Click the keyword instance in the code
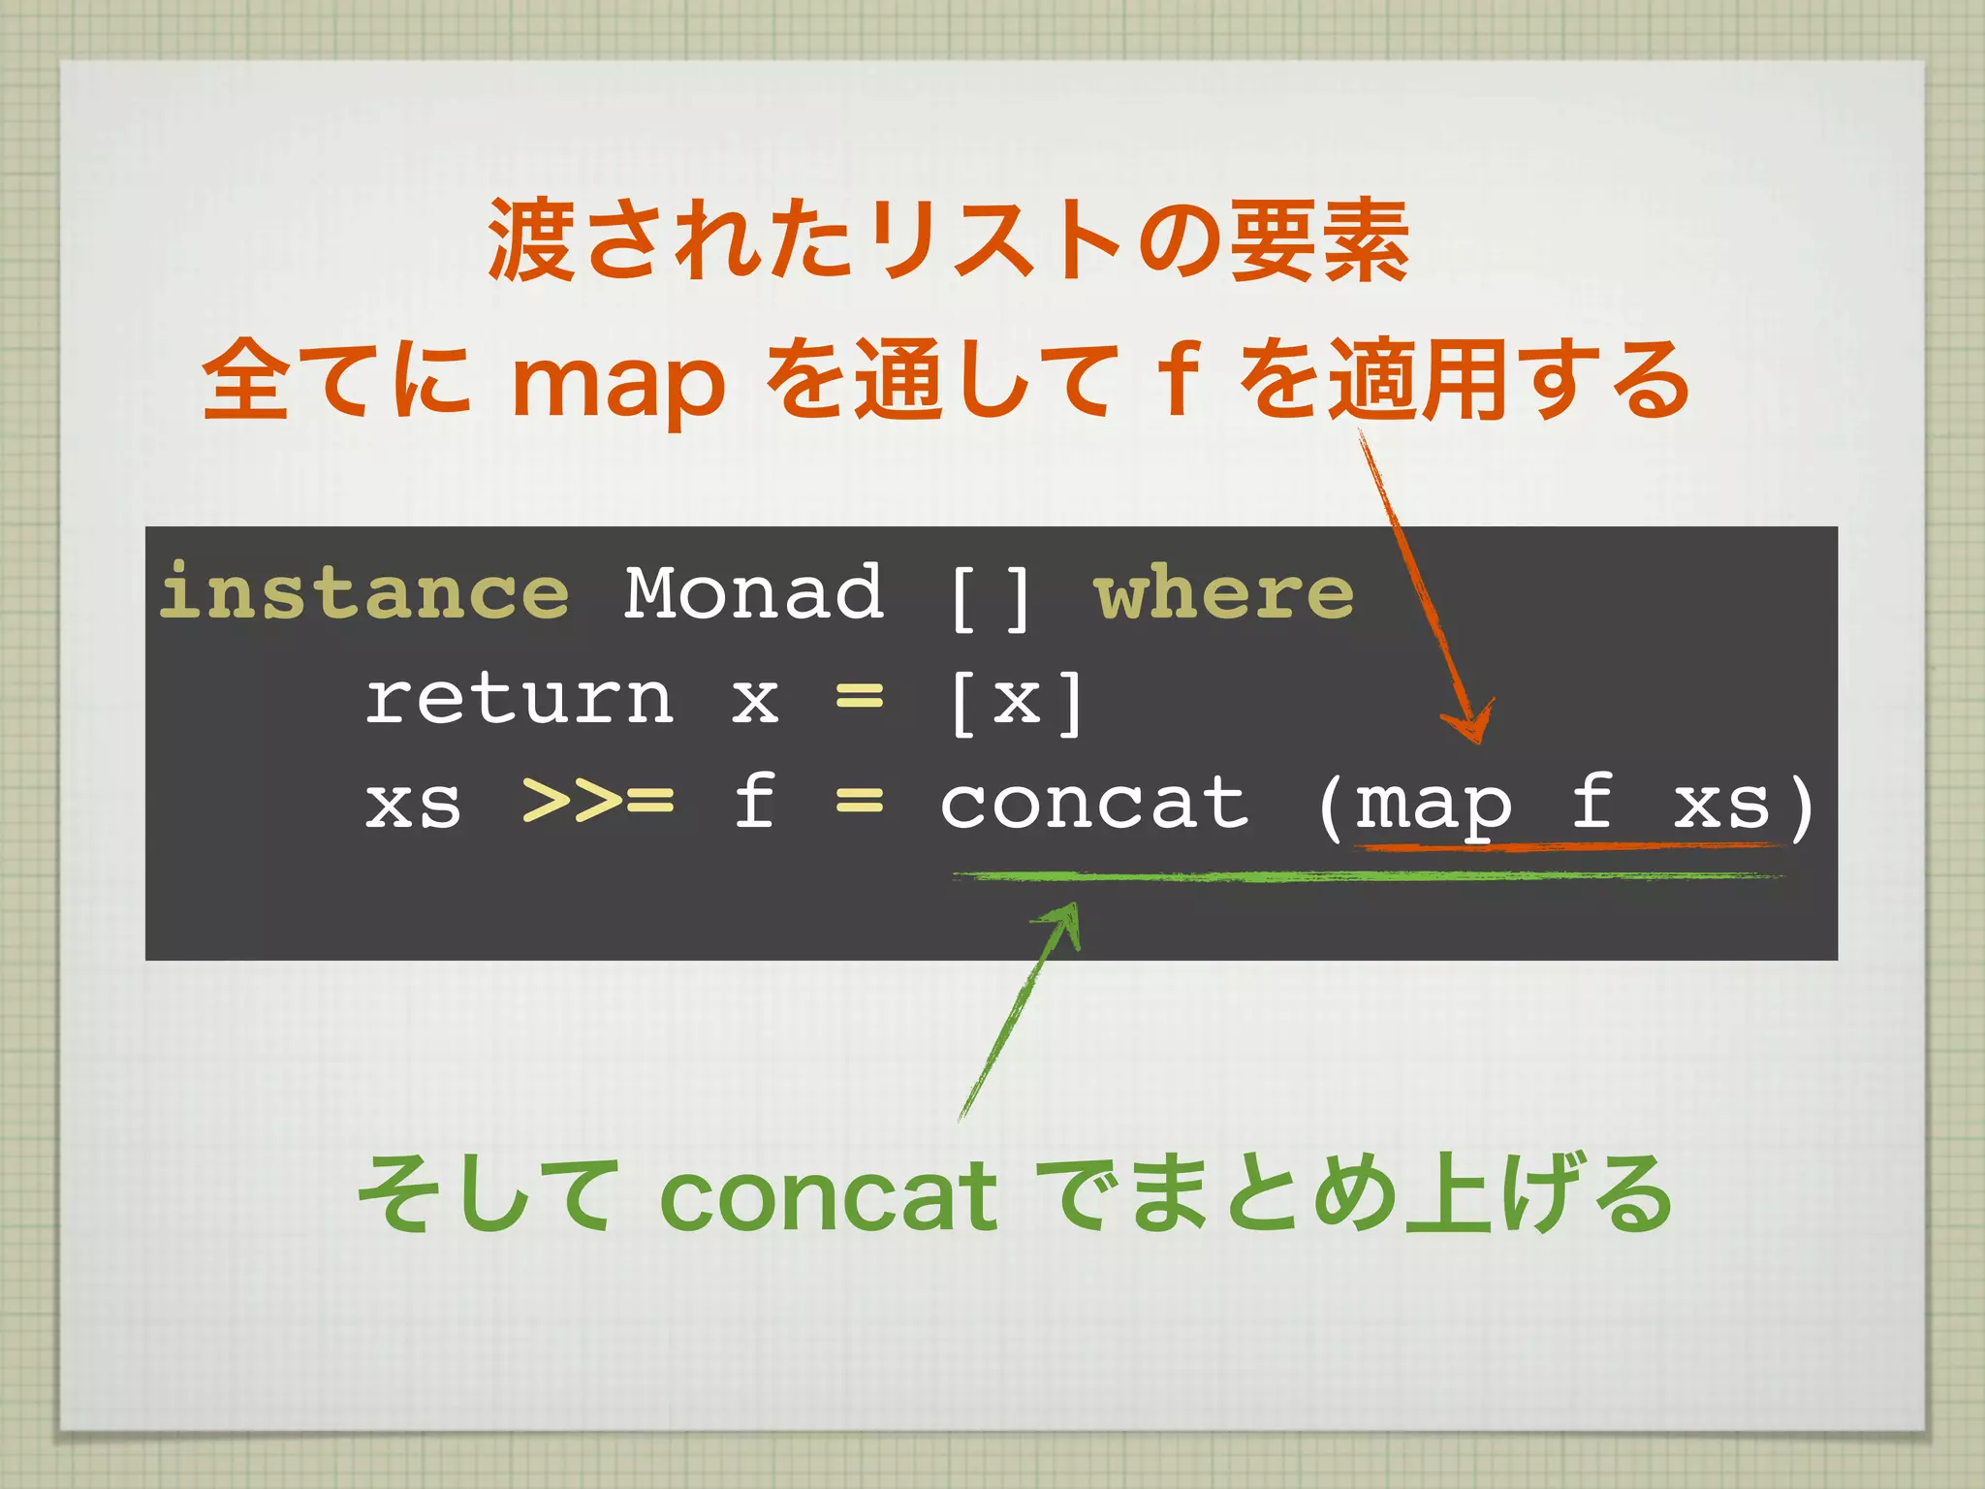click(x=364, y=592)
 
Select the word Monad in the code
click(x=753, y=592)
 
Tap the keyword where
click(x=1223, y=592)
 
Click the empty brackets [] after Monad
click(x=989, y=599)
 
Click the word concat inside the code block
click(x=1095, y=803)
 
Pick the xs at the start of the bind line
click(x=413, y=805)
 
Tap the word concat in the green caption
click(x=828, y=1195)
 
